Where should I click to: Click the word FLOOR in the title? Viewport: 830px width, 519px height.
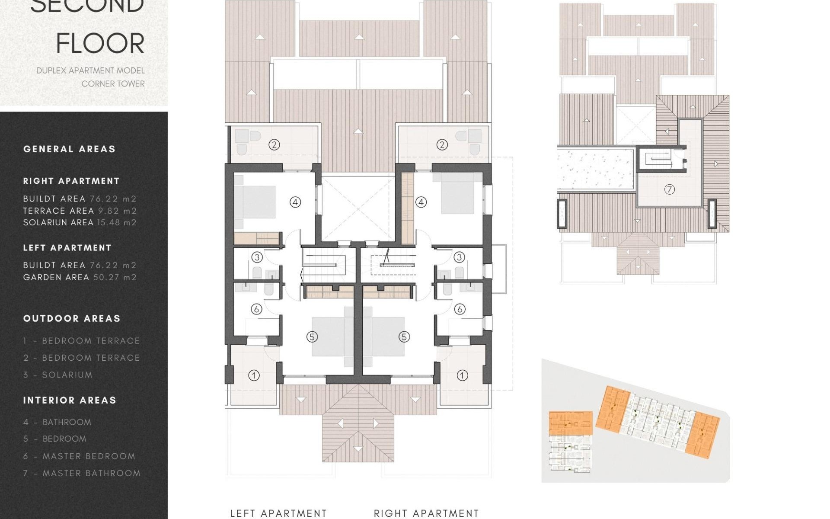click(100, 43)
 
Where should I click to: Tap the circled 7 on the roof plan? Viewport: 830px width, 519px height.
click(669, 189)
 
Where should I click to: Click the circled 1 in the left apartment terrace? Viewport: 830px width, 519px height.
click(254, 375)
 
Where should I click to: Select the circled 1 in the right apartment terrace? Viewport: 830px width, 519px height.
click(462, 375)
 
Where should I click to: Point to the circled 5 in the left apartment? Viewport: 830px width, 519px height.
click(312, 336)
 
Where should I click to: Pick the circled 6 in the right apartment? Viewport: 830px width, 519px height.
click(460, 309)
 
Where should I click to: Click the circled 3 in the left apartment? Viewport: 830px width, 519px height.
click(257, 257)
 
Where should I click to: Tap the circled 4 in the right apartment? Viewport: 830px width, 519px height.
click(421, 202)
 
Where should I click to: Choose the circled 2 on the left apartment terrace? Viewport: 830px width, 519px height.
click(274, 144)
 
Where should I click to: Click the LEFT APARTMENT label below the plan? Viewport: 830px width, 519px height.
click(278, 513)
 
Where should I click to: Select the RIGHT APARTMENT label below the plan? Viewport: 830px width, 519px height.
click(426, 513)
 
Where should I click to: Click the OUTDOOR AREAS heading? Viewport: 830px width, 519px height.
click(72, 318)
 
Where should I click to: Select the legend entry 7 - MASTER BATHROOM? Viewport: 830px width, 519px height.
click(82, 473)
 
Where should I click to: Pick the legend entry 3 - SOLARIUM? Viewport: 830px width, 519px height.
click(58, 375)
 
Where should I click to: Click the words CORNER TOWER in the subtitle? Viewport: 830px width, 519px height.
click(113, 83)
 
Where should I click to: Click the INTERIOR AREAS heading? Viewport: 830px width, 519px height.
click(70, 400)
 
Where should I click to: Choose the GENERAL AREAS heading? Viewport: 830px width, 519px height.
click(69, 149)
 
